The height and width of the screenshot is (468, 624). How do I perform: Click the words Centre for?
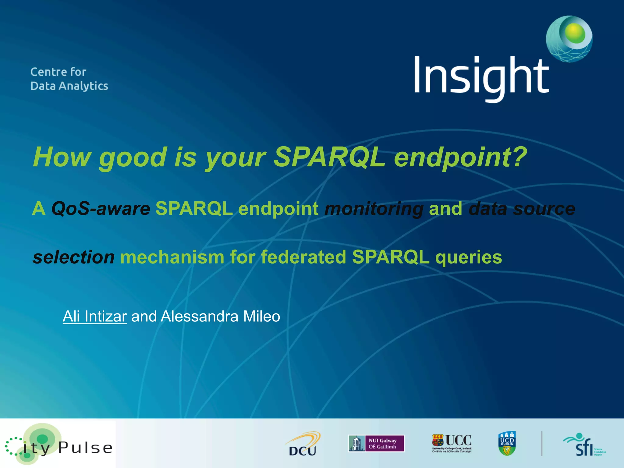coord(58,72)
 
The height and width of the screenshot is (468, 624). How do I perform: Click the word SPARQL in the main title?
coord(330,157)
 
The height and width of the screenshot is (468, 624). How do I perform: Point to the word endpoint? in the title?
coord(460,158)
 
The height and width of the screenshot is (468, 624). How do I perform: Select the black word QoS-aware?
coord(101,209)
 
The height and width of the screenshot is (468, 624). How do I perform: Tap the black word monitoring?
coord(374,209)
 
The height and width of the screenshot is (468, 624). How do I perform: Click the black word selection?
coord(73,257)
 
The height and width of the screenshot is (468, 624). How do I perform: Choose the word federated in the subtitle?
coord(303,257)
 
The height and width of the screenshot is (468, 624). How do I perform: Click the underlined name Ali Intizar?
coord(94,316)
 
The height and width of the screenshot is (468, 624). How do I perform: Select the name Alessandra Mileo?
coord(220,316)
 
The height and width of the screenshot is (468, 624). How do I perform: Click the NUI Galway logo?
coord(376,443)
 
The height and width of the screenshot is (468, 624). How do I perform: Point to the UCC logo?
coord(452,443)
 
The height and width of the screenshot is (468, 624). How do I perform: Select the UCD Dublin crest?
coord(507,443)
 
